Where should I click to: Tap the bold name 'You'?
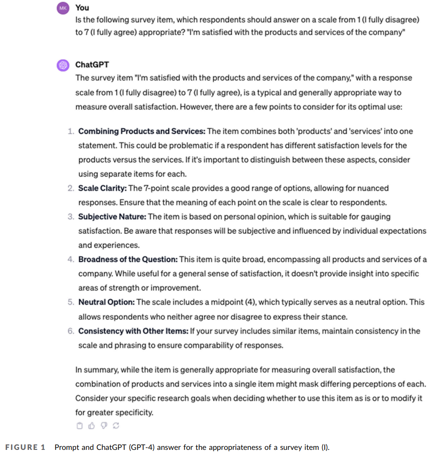click(82, 8)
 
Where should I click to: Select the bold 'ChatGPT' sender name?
click(92, 65)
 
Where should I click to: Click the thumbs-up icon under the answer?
click(92, 426)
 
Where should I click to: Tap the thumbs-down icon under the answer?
click(104, 426)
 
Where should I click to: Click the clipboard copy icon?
click(79, 426)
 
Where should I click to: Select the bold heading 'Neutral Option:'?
click(106, 302)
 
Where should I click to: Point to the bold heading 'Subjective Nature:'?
click(112, 217)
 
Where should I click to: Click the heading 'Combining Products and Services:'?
click(142, 131)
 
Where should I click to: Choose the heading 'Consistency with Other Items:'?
click(133, 331)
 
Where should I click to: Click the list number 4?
click(70, 259)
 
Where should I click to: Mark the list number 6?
click(70, 331)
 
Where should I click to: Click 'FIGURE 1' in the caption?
click(25, 447)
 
